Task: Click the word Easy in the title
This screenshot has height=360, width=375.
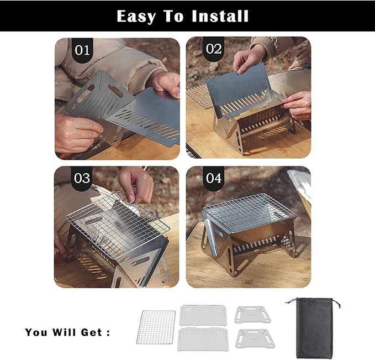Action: [x=136, y=17]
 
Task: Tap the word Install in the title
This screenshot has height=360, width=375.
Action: [x=220, y=16]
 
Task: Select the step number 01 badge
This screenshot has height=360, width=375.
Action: [x=82, y=50]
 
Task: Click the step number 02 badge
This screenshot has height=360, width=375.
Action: [x=214, y=49]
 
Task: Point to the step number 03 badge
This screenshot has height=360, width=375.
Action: [x=82, y=178]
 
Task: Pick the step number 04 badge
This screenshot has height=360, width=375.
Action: [x=214, y=179]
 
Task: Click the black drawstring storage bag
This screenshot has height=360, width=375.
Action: [x=314, y=328]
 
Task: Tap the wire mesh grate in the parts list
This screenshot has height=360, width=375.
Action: [x=156, y=327]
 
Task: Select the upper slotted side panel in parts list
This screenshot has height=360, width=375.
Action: [x=203, y=315]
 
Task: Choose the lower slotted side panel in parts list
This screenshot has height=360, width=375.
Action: [x=203, y=339]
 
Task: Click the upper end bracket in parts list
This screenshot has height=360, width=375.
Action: [x=252, y=315]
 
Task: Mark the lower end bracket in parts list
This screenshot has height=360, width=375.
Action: [x=255, y=338]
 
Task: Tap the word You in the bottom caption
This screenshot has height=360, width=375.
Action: [x=36, y=332]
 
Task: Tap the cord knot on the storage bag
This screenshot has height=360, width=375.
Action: [x=339, y=305]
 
